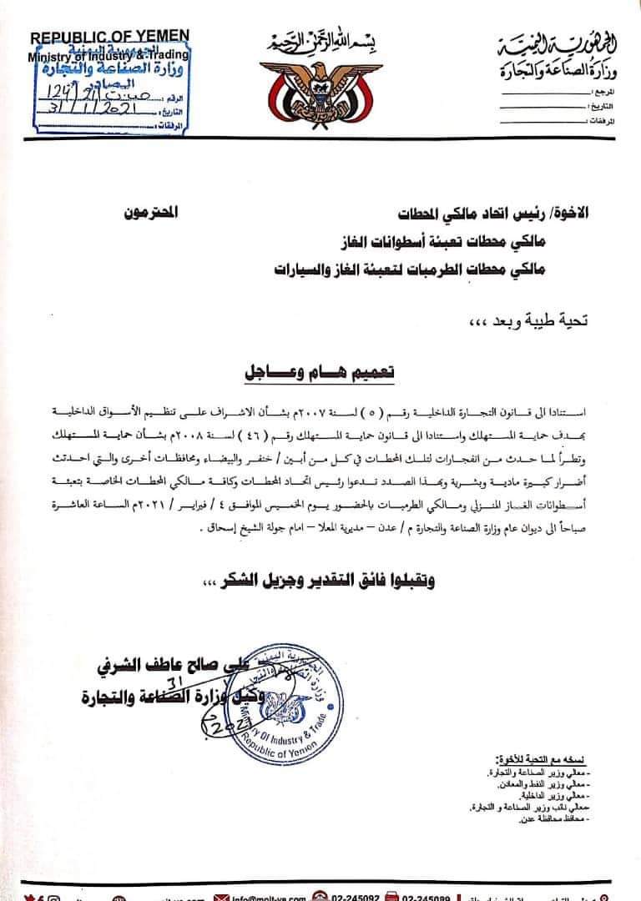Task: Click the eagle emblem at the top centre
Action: pyautogui.click(x=320, y=88)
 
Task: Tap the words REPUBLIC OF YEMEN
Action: pyautogui.click(x=110, y=38)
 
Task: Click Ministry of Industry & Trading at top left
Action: pyautogui.click(x=109, y=56)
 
